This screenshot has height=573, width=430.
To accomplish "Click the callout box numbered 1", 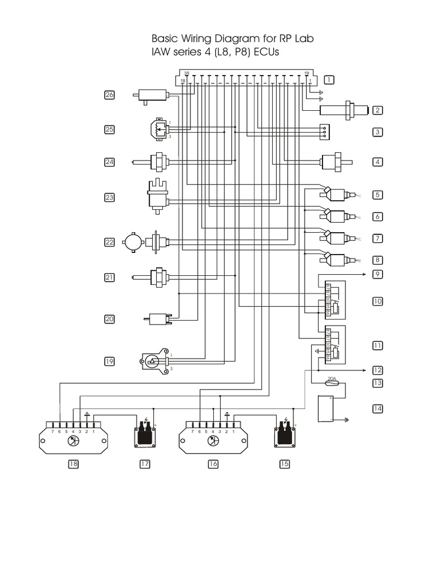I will coord(329,79).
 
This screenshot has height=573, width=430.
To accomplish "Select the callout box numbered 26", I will coord(109,95).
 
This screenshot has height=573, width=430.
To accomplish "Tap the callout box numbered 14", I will coord(378,408).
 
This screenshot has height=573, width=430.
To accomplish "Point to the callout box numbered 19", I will coord(109,361).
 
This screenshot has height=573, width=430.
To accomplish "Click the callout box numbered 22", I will coord(109,242).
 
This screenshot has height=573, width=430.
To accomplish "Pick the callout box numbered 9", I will coord(378,274).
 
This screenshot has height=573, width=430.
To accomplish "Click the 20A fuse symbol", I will coord(331,384).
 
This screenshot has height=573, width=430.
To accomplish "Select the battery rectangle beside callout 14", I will coord(330,409).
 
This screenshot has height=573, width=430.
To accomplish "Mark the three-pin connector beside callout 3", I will coord(325,130).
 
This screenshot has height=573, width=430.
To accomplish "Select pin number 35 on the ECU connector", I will coord(186,73).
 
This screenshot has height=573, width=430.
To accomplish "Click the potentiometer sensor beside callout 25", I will coord(157,130).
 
